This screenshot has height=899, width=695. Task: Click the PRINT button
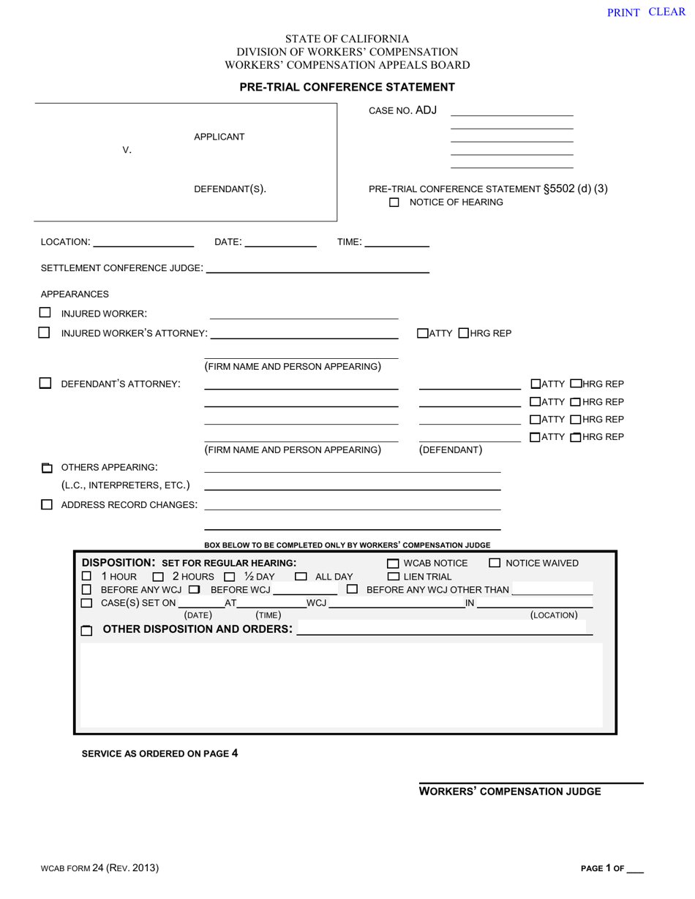pos(623,12)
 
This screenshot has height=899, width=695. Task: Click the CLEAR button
pos(666,12)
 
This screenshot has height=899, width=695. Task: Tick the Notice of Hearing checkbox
pos(394,202)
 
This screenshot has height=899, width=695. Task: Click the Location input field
pos(143,242)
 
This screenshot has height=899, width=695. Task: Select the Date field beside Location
pos(280,242)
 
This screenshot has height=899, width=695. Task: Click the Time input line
pos(396,242)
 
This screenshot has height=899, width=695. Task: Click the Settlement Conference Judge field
pos(318,268)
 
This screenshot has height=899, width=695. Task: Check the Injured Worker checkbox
pos(45,313)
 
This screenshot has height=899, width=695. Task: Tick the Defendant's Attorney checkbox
pos(45,383)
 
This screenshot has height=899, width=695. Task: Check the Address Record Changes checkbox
pos(47,504)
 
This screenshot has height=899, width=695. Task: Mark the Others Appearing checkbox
pos(47,468)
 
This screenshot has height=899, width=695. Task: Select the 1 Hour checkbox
pos(86,577)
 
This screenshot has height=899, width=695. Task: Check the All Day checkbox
pos(301,577)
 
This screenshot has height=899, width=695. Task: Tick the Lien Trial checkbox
pos(394,577)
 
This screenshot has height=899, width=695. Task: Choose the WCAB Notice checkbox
pos(394,564)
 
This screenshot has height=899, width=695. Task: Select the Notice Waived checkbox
pos(495,563)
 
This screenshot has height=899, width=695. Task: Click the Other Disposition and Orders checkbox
pos(86,630)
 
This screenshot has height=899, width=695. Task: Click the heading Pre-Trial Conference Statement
pos(347,87)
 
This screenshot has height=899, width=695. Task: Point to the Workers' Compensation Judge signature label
pos(510,792)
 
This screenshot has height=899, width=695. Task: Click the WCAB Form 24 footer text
pos(99,868)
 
